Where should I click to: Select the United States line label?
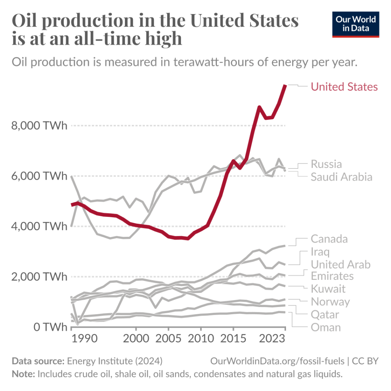pos(344,87)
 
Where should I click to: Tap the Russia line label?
pos(326,164)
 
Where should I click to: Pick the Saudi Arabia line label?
pos(341,177)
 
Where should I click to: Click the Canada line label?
pos(329,239)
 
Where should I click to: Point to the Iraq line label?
pos(320,252)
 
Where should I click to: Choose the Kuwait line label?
pos(328,288)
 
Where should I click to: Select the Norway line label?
pos(330,302)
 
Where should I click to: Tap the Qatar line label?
pos(325,315)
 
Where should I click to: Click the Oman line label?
pos(326,327)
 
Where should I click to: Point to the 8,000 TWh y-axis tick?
pos(39,126)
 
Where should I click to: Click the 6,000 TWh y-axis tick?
pos(39,176)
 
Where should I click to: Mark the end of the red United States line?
pos(285,86)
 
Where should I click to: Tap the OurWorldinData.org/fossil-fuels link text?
pos(277,361)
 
